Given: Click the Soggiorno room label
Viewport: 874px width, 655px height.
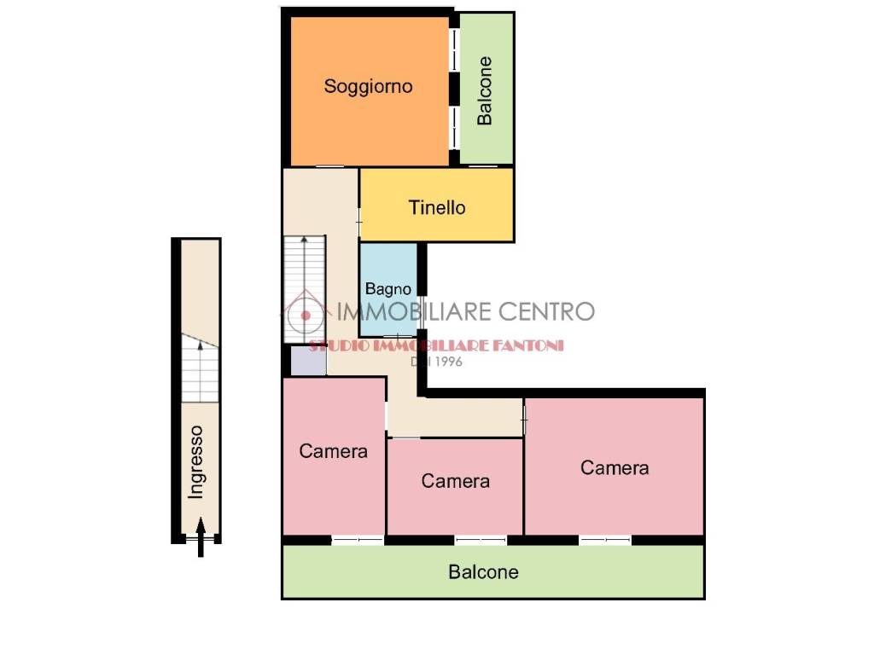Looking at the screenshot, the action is [368, 87].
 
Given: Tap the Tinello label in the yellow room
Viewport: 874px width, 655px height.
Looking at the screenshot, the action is [437, 208].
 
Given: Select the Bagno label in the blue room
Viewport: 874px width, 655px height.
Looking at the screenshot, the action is [388, 289].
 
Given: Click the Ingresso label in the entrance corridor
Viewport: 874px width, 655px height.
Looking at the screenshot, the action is [195, 461].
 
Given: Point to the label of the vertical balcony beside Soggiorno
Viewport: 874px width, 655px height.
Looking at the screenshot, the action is [485, 90].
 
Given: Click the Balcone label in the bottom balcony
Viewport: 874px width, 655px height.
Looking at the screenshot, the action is [483, 572].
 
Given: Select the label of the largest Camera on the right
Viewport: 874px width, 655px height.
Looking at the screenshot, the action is [615, 468].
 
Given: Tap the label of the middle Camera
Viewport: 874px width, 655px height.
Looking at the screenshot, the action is [456, 481].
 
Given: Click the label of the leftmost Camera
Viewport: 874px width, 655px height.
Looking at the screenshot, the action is [334, 451].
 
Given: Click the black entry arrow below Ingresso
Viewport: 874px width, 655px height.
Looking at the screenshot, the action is [201, 537].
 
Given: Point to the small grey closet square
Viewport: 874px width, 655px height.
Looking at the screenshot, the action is [308, 361].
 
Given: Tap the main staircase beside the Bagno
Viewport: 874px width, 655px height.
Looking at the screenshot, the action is [305, 289].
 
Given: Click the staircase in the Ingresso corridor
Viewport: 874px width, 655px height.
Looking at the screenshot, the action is [200, 368].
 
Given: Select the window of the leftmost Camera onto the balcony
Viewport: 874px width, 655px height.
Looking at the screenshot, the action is [358, 540].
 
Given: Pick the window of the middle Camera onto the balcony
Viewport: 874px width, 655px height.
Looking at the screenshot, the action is [481, 540].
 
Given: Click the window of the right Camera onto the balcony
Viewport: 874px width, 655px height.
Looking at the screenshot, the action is [605, 540].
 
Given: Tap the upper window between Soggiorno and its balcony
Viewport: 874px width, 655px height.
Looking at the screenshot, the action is [455, 50].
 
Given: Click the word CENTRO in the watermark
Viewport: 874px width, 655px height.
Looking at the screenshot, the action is [545, 311].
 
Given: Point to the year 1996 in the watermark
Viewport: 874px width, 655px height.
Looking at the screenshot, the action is [449, 362].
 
